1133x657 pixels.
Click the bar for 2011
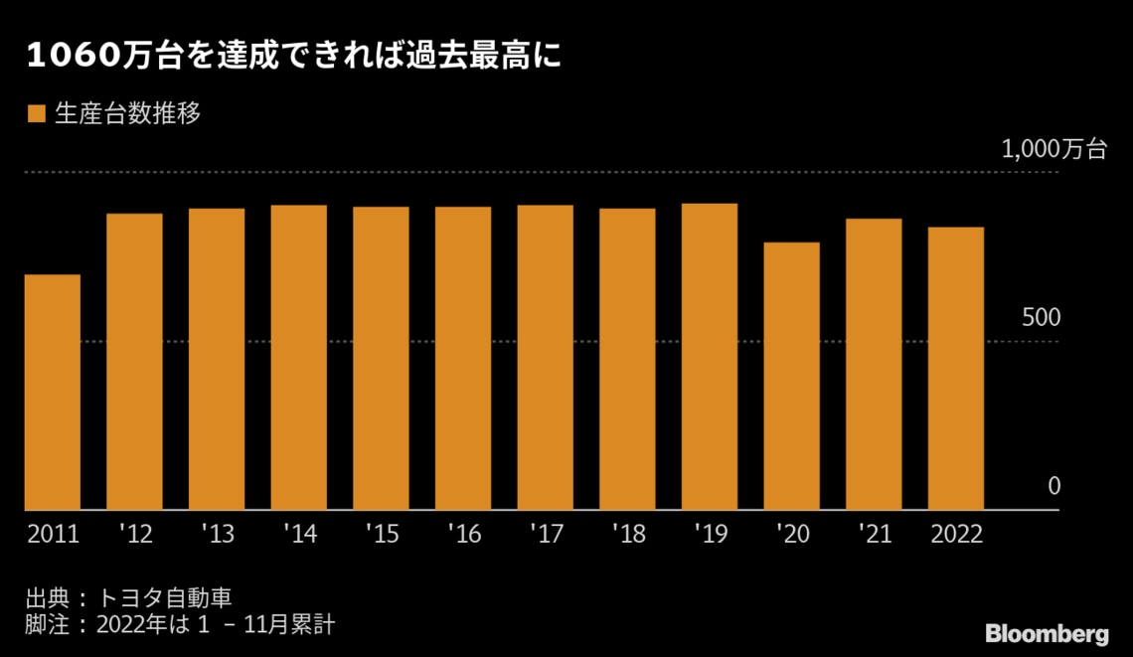[53, 393]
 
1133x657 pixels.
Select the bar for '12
[134, 362]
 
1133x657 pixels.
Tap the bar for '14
[299, 358]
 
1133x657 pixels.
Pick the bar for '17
[545, 358]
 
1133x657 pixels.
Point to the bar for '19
[709, 357]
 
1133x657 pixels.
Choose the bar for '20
[791, 377]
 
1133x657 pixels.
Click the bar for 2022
[956, 369]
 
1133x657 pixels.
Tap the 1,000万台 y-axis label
[1054, 150]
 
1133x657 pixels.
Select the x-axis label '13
[217, 535]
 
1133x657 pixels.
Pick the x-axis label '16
[463, 535]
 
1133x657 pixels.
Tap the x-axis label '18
[628, 535]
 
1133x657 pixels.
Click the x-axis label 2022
[956, 535]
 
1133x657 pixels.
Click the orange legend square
[37, 114]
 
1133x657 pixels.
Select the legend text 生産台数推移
[127, 114]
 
